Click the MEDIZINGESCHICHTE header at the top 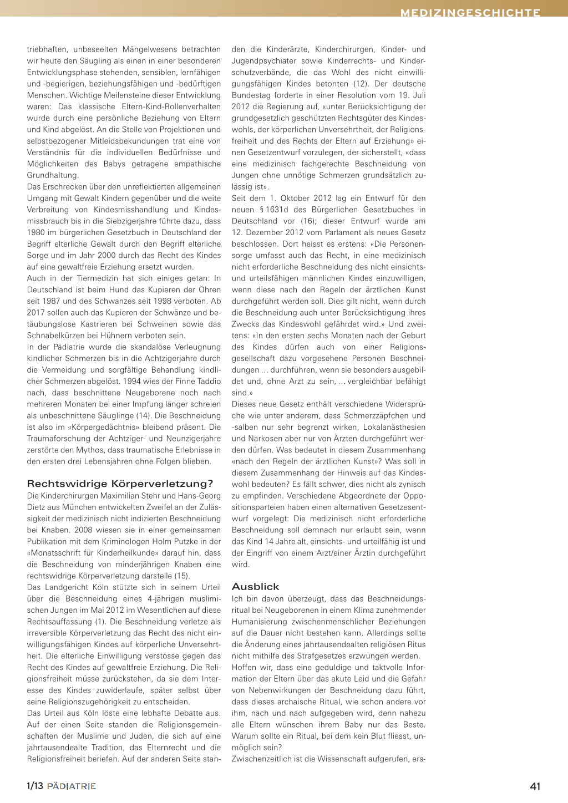coord(470,12)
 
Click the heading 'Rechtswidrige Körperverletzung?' coord(120,484)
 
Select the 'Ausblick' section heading coord(255,586)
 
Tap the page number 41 coord(535,786)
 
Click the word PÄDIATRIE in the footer coord(72,786)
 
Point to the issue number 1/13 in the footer coord(35,786)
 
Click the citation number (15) coord(182,576)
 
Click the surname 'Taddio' coord(207,381)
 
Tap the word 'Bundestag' coord(249,95)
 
